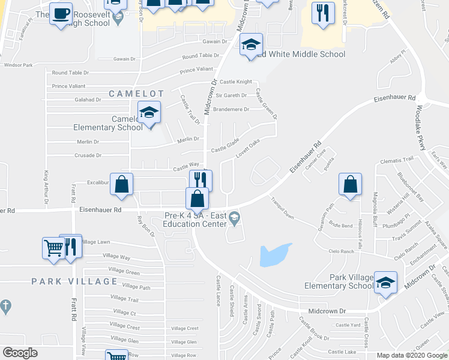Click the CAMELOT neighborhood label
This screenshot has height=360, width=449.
pyautogui.click(x=136, y=94)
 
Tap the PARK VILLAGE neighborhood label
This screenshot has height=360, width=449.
pyautogui.click(x=74, y=281)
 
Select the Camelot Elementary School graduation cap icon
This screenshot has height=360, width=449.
pyautogui.click(x=149, y=113)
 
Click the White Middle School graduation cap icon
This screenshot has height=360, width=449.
pyautogui.click(x=252, y=44)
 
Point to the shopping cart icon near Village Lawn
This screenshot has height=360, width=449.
pyautogui.click(x=53, y=247)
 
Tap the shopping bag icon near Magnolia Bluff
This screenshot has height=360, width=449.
pyautogui.click(x=350, y=184)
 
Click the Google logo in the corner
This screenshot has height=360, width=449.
pyautogui.click(x=20, y=353)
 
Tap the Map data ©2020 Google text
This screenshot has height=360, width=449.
pyautogui.click(x=411, y=355)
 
